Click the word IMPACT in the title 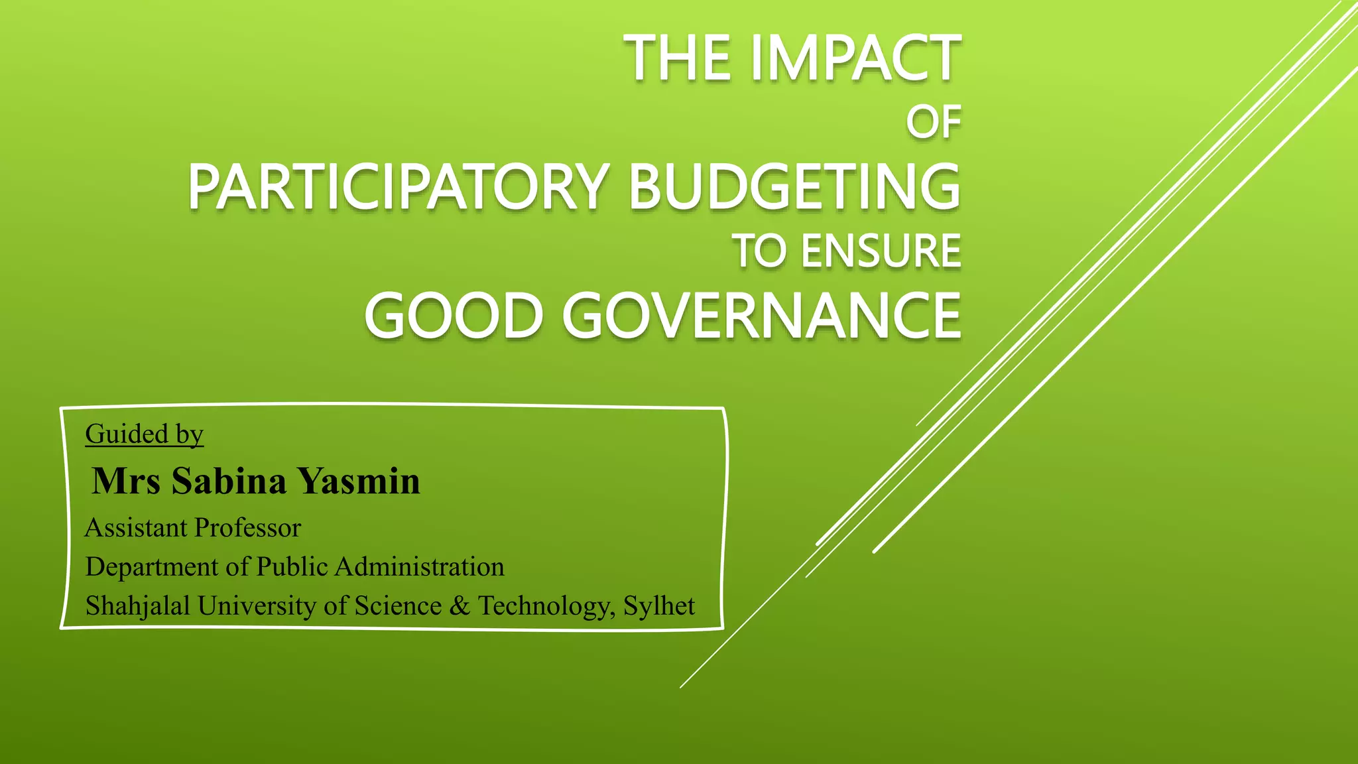tap(855, 60)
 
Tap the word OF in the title tap(934, 123)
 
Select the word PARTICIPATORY tap(398, 187)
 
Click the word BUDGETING tap(794, 187)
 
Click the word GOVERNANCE tap(762, 316)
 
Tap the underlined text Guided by tap(144, 434)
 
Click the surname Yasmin tap(358, 481)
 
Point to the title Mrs tap(126, 481)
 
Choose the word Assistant tap(136, 528)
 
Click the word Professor tap(248, 528)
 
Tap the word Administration tap(419, 567)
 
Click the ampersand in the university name tap(460, 606)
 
